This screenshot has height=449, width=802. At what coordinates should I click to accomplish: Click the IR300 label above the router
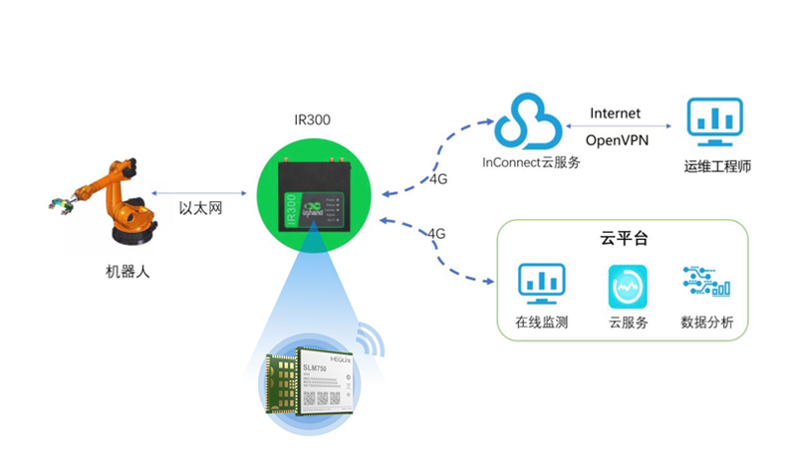pos(313,120)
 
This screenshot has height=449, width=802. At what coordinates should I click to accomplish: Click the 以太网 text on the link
pos(198,208)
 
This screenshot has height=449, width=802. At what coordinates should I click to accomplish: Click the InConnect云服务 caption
pos(531,161)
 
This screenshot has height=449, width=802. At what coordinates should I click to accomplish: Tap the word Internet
pos(615,113)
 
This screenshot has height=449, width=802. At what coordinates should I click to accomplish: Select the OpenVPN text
pos(618,140)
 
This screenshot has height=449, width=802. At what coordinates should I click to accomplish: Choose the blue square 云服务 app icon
pos(628,287)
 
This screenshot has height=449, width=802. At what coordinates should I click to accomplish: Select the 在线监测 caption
pos(541,323)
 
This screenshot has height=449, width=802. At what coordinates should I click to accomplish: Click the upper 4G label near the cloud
pos(438,179)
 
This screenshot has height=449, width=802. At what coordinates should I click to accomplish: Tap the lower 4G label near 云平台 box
pos(436,233)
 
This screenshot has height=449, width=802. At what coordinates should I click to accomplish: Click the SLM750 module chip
pos(323,383)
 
